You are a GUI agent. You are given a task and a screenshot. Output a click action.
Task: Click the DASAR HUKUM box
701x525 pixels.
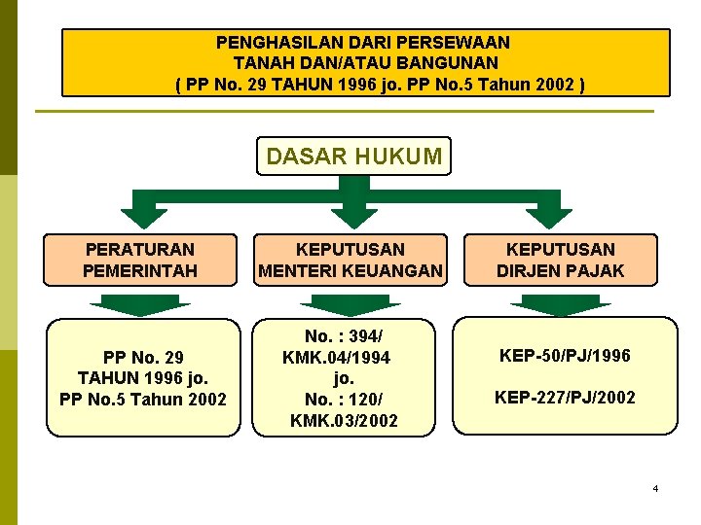(x=353, y=156)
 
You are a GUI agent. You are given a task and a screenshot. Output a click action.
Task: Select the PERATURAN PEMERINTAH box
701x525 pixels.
(x=140, y=260)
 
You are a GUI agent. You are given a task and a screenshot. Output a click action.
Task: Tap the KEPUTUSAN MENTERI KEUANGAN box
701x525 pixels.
(x=350, y=260)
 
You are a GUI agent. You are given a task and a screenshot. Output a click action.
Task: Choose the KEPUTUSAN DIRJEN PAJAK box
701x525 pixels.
(x=561, y=260)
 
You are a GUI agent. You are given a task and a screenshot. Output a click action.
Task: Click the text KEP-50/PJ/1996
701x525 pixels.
(x=566, y=356)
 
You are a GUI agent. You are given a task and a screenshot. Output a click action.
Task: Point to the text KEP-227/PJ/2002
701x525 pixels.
(x=566, y=397)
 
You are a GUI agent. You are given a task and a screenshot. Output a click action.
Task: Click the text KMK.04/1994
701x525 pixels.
(x=336, y=357)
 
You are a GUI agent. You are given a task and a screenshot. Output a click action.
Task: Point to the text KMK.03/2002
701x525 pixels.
(x=344, y=420)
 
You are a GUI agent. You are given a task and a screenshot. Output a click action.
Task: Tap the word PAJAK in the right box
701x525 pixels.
(x=595, y=270)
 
